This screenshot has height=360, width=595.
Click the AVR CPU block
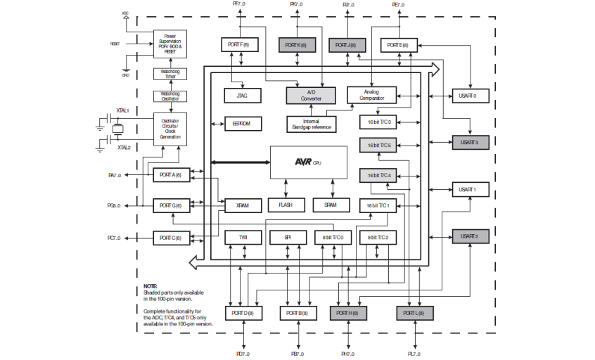tap(308, 162)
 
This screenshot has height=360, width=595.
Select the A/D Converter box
tap(310, 95)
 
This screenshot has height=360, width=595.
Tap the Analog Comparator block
tap(371, 95)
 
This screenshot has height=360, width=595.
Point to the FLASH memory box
tap(286, 205)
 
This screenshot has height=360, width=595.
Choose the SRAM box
tap(331, 205)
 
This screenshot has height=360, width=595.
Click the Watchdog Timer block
tap(169, 75)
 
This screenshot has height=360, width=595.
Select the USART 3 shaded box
tap(469, 143)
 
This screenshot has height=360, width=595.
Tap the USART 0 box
tap(469, 96)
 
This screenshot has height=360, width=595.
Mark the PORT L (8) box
tap(414, 312)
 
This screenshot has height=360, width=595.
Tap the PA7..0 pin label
tap(114, 175)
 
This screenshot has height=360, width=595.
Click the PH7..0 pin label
tap(347, 354)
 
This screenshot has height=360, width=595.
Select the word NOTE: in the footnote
tap(151, 287)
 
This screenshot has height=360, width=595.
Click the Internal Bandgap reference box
tap(311, 124)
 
